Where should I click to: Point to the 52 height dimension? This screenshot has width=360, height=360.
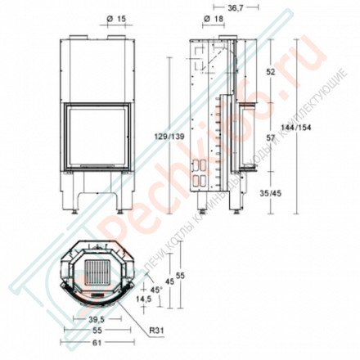[x=271, y=72]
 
